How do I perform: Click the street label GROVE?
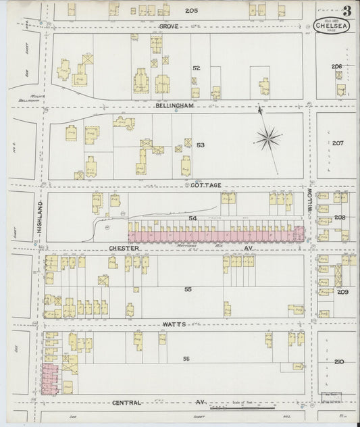(168, 26)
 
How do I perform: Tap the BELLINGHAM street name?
(174, 106)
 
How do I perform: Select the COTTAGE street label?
(206, 184)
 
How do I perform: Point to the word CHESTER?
(124, 248)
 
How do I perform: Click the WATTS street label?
(173, 324)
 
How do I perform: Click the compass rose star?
(268, 139)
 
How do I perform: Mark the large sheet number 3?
(346, 11)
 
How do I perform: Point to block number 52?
(197, 68)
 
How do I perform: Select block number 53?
(200, 145)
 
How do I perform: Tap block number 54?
(192, 219)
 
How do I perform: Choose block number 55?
(188, 289)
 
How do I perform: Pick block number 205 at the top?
(191, 11)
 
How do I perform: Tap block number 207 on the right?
(338, 143)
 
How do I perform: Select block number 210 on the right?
(338, 361)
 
